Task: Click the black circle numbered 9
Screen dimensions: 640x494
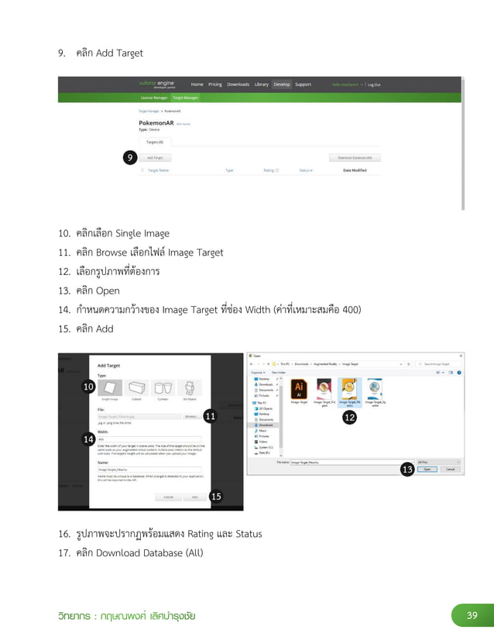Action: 131,158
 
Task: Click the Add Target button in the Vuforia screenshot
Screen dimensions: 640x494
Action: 155,157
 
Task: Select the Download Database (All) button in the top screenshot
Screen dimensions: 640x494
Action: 355,157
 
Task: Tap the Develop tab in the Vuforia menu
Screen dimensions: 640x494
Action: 282,84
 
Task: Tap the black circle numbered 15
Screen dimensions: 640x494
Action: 215,497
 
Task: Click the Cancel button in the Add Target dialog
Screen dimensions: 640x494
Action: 168,497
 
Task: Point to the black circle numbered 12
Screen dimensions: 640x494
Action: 349,417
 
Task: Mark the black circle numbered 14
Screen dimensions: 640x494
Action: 88,439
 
